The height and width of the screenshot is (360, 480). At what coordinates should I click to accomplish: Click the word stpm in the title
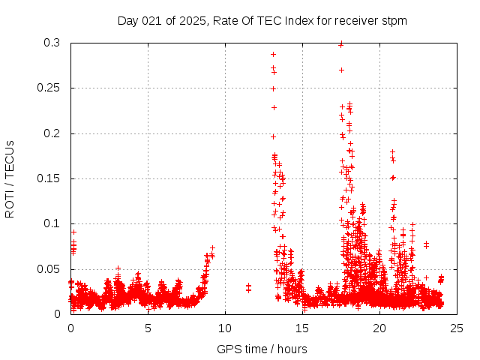pyautogui.click(x=394, y=21)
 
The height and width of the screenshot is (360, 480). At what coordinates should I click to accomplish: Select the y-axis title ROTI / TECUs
pyautogui.click(x=10, y=178)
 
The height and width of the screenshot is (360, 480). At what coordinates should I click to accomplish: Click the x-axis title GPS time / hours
pyautogui.click(x=262, y=349)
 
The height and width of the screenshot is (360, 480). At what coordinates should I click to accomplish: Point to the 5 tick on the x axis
pyautogui.click(x=148, y=328)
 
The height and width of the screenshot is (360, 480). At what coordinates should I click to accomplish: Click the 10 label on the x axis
pyautogui.click(x=225, y=328)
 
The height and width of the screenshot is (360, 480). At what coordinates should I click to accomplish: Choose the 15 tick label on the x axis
pyautogui.click(x=302, y=328)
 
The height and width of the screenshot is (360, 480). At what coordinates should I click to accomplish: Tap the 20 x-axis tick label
pyautogui.click(x=379, y=328)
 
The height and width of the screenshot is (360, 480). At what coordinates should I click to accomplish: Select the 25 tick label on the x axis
pyautogui.click(x=457, y=328)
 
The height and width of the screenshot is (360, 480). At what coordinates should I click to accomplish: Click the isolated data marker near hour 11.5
pyautogui.click(x=248, y=287)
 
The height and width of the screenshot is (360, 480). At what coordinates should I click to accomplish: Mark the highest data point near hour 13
pyautogui.click(x=273, y=54)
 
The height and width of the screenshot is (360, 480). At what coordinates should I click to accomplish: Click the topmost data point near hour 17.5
pyautogui.click(x=341, y=44)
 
